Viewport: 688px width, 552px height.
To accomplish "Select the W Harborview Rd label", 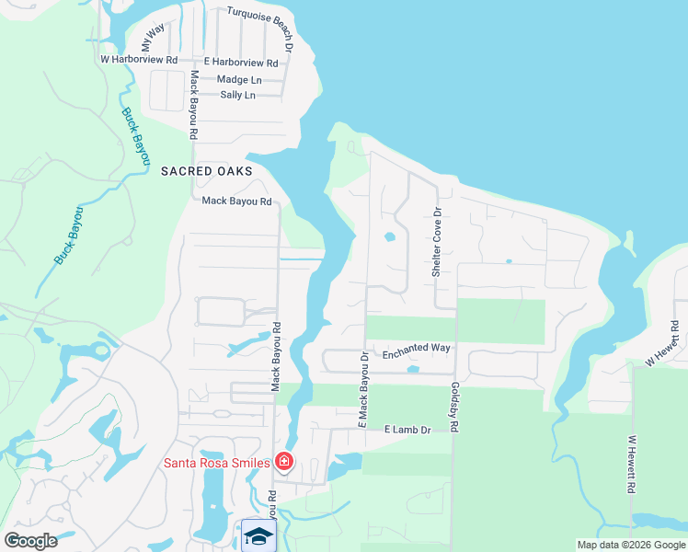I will [139, 59].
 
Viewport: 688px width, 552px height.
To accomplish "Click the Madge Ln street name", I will [239, 79].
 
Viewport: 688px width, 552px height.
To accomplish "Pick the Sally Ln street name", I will [236, 95].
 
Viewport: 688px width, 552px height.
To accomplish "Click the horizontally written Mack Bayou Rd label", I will [236, 201].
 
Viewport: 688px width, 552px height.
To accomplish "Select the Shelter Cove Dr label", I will [438, 241].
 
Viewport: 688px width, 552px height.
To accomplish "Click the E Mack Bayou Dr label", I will [363, 390].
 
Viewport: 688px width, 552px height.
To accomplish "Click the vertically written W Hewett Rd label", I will [632, 466].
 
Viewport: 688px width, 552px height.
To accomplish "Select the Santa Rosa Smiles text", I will [217, 463].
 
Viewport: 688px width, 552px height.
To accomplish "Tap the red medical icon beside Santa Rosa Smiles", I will [285, 462].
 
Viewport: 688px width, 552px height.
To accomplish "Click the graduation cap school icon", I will [258, 535].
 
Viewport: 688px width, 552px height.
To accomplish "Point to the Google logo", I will [31, 541].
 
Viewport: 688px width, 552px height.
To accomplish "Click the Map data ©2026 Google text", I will [630, 545].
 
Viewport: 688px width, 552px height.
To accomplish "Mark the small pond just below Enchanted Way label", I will [413, 369].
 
